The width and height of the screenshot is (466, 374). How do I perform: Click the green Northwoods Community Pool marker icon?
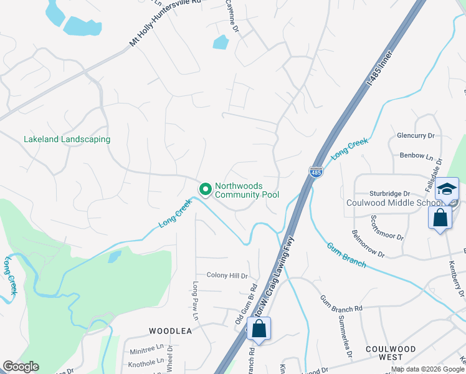[204, 188]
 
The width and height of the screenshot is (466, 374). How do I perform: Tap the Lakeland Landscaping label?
[67, 140]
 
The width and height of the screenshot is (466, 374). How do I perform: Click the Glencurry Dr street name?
[415, 135]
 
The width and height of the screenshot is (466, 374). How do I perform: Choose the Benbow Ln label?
[413, 155]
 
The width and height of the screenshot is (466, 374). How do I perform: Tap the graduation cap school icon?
[447, 189]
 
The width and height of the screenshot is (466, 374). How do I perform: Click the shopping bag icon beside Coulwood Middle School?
[440, 218]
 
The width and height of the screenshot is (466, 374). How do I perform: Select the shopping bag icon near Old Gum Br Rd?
[259, 328]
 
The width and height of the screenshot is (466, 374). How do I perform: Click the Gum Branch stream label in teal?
[346, 254]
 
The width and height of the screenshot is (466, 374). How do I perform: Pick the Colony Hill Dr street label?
[227, 276]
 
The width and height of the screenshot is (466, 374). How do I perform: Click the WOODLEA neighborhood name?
[170, 331]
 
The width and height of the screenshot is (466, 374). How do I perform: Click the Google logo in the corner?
[21, 367]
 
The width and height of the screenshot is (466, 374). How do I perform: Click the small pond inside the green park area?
[114, 256]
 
